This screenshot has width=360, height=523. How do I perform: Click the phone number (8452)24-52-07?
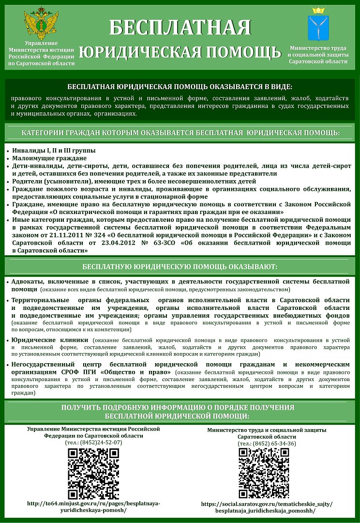[93, 442]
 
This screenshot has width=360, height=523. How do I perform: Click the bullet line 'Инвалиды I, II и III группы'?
[54, 150]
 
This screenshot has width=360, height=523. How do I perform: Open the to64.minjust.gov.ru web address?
[93, 507]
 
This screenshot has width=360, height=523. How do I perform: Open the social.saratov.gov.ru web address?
[267, 507]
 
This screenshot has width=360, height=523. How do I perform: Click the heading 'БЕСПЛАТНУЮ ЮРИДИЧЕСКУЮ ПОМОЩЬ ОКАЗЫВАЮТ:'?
[180, 266]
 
